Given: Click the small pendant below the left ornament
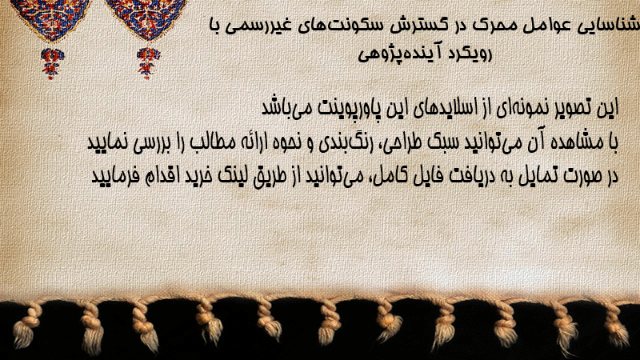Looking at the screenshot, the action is click(x=52, y=63).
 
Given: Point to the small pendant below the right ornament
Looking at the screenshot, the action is click(x=148, y=62).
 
